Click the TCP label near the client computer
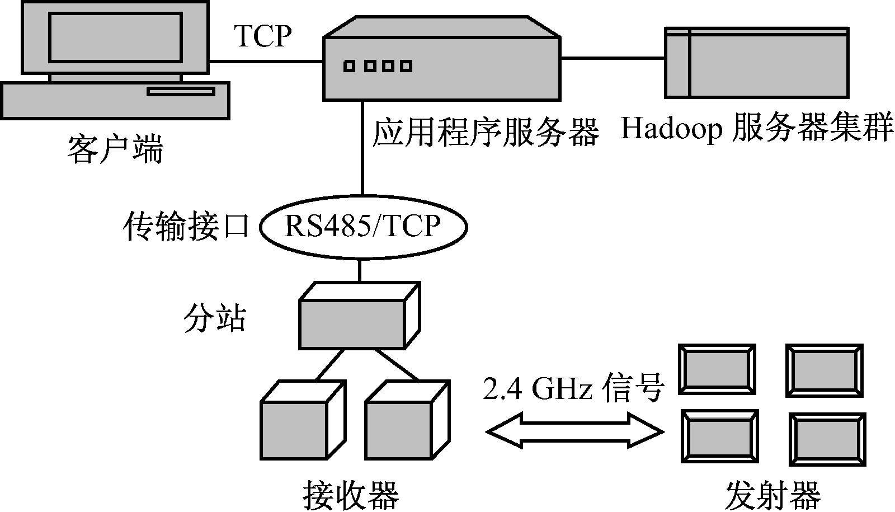coord(263,36)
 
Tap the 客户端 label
coord(115,150)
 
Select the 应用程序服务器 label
coord(485,132)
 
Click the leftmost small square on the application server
coord(349,67)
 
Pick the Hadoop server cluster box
coord(756,63)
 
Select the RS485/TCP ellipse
coord(362,227)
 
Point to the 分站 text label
coord(215,318)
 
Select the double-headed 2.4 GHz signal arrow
coord(574,431)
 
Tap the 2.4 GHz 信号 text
coord(573,388)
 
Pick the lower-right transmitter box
coord(827,439)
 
